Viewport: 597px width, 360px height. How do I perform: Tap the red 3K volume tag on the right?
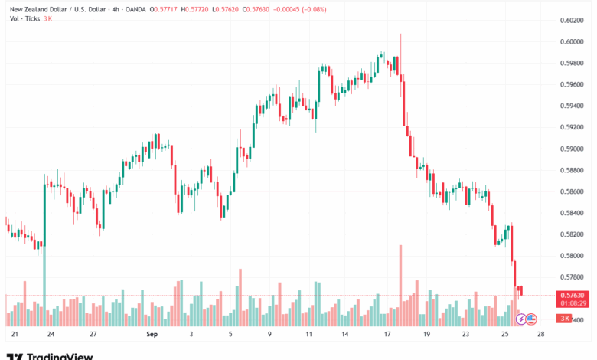pos(564,318)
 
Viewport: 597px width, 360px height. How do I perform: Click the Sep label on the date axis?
pos(151,335)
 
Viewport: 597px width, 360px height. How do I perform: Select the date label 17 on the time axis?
pos(387,335)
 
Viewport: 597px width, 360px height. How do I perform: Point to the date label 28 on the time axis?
pos(541,335)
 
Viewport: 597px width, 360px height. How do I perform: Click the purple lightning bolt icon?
pos(521,318)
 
